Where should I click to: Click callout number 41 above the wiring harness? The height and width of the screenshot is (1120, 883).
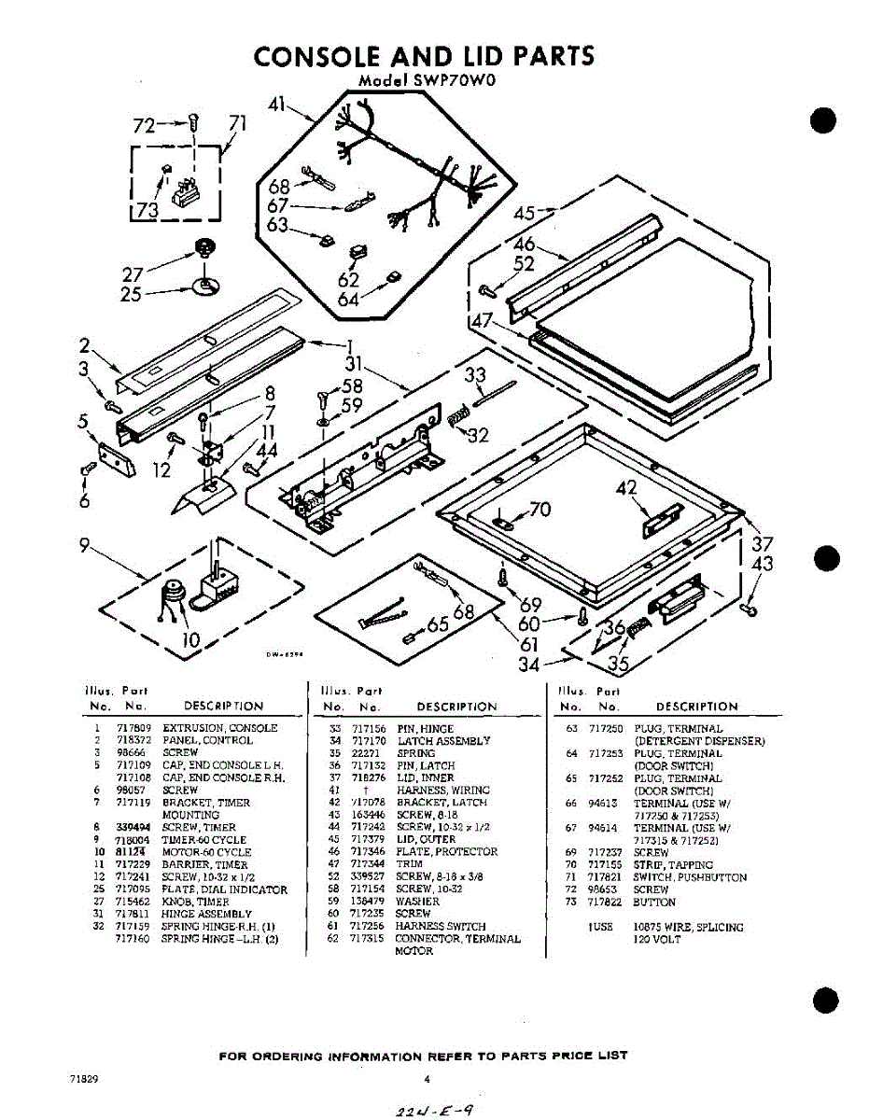click(x=276, y=105)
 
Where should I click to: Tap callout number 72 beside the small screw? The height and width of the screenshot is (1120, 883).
click(x=145, y=124)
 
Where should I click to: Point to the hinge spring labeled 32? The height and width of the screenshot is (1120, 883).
click(x=457, y=419)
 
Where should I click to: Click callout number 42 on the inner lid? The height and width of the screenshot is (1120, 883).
click(x=626, y=487)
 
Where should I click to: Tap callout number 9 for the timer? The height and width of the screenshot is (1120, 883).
click(x=85, y=547)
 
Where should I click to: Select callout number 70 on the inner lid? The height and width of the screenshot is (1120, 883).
click(x=540, y=509)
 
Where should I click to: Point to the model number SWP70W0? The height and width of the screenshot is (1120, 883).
click(x=451, y=80)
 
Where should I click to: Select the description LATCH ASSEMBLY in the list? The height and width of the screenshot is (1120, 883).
click(x=443, y=741)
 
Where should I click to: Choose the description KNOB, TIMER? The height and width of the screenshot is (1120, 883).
click(x=195, y=903)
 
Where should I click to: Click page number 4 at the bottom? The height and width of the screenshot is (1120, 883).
click(x=426, y=1080)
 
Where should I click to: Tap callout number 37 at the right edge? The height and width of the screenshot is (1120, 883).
click(x=763, y=544)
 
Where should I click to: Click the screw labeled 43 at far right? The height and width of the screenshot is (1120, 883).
click(x=750, y=609)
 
